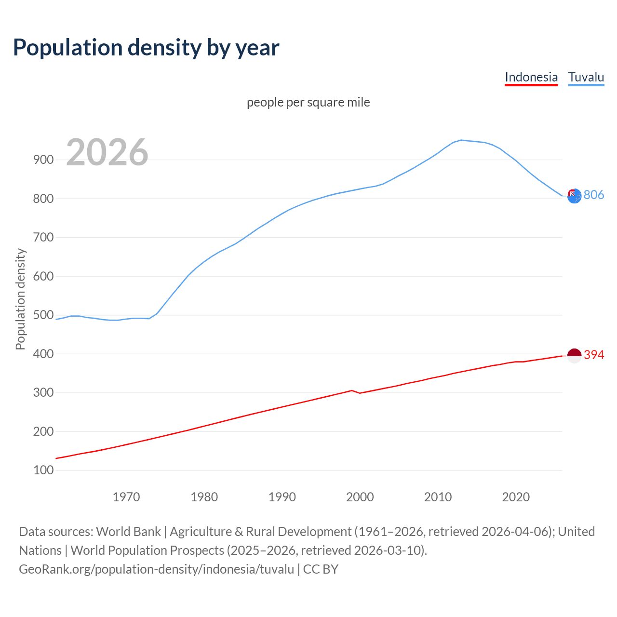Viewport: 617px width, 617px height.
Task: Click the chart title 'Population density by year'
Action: click(146, 48)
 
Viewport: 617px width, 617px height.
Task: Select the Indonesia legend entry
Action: click(531, 77)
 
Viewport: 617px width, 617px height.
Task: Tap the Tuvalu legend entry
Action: click(586, 77)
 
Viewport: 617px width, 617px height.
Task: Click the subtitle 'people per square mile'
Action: click(308, 102)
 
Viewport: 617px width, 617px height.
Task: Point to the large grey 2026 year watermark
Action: click(107, 152)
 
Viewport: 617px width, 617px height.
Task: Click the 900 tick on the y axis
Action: click(43, 160)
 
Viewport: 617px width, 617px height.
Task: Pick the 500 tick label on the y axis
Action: click(43, 315)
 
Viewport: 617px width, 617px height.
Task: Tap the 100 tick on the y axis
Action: click(43, 470)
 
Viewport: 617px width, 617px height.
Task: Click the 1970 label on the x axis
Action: click(126, 496)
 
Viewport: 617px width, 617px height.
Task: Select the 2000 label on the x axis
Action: click(360, 496)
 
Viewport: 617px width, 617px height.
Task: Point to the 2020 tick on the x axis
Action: click(516, 496)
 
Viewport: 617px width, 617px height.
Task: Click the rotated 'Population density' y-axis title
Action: click(20, 299)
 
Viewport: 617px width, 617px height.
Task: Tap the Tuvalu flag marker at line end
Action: click(574, 196)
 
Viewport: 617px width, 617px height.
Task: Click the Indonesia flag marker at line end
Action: click(574, 356)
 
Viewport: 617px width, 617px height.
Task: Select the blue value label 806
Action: click(594, 195)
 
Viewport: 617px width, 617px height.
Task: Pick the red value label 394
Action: click(594, 355)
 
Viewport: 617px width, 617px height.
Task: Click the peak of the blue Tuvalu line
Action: click(461, 140)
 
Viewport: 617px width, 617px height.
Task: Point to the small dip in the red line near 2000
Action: click(359, 393)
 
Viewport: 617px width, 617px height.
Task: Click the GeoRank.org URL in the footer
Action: click(156, 569)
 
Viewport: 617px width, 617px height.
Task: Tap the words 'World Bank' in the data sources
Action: click(128, 532)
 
